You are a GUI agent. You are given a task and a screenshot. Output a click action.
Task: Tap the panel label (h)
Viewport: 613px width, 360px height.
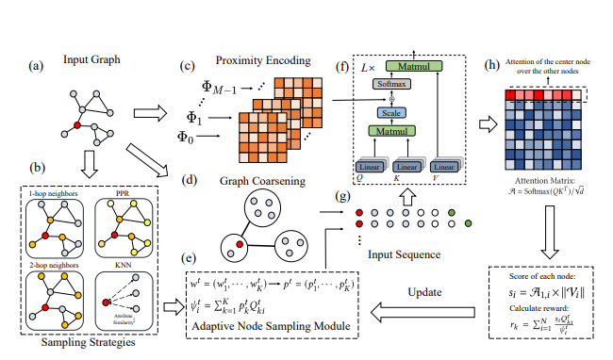[x=491, y=66]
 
